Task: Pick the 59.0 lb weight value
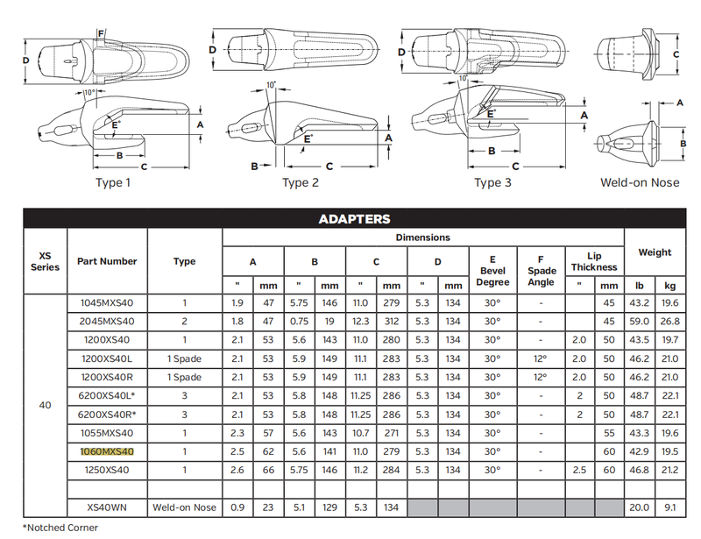click(640, 321)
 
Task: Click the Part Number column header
click(107, 261)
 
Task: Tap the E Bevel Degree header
click(492, 270)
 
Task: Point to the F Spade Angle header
click(542, 271)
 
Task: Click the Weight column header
click(655, 252)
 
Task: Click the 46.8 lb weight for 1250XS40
click(640, 470)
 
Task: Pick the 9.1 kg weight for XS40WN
click(669, 507)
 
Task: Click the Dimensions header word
click(422, 238)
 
